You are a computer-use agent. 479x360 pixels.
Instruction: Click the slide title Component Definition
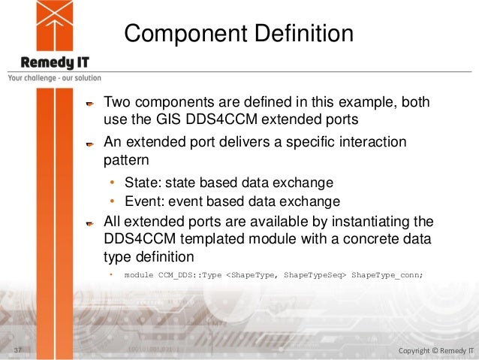[x=238, y=34]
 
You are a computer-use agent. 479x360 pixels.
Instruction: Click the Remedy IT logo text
[x=50, y=62]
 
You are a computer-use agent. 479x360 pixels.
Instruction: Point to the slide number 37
[x=17, y=350]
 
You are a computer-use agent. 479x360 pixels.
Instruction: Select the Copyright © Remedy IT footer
[x=435, y=350]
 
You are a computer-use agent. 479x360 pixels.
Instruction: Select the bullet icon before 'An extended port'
[x=89, y=144]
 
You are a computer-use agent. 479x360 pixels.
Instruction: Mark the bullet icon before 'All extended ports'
[x=89, y=222]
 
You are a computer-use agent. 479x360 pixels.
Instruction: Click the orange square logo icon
[x=53, y=25]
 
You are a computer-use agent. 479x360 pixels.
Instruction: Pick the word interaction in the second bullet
[x=369, y=143]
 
